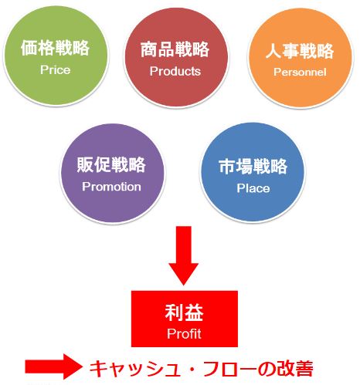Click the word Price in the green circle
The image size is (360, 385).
56,69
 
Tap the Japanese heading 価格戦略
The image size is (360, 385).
55,48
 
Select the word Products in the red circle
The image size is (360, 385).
175,71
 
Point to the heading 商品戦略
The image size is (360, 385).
175,49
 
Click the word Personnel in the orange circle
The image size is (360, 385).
300,72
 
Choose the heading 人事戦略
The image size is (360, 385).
300,51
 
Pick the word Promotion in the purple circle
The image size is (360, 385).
111,187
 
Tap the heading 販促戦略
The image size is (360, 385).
111,164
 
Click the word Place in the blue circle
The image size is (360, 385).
253,188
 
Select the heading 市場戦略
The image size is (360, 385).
253,166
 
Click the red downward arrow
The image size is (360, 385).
184,255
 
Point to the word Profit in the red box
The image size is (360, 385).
184,333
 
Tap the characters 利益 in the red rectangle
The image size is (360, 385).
184,312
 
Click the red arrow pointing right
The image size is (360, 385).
53,366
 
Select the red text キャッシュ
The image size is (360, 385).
135,369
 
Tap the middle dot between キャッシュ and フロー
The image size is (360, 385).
192,369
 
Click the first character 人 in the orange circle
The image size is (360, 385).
273,51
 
